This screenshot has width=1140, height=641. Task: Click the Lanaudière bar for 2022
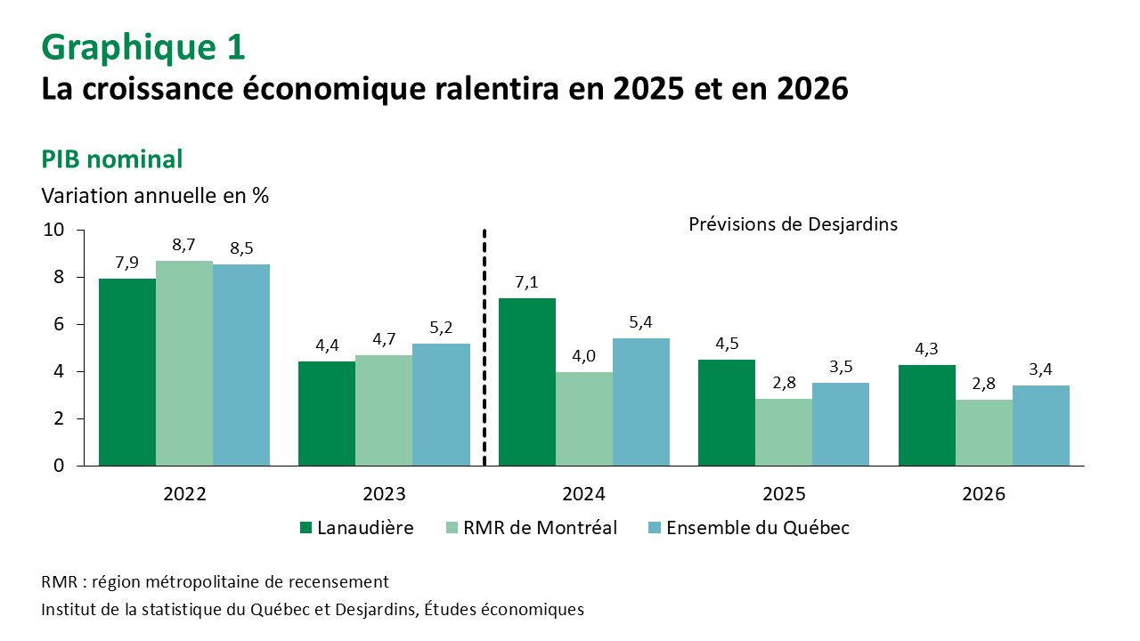pyautogui.click(x=127, y=372)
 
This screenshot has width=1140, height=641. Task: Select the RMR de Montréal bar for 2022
pyautogui.click(x=184, y=363)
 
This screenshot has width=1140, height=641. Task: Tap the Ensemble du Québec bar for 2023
pyautogui.click(x=441, y=404)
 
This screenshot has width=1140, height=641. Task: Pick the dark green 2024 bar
pyautogui.click(x=526, y=382)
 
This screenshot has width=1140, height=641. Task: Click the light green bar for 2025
pyautogui.click(x=784, y=432)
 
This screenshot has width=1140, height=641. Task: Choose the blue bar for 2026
pyautogui.click(x=1041, y=426)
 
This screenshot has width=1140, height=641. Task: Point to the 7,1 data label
pyautogui.click(x=526, y=283)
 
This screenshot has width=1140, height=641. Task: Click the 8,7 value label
pyautogui.click(x=184, y=246)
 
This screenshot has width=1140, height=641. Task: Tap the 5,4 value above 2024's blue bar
pyautogui.click(x=640, y=323)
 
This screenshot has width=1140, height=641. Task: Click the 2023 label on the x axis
pyautogui.click(x=384, y=494)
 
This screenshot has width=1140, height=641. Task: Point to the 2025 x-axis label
pyautogui.click(x=784, y=494)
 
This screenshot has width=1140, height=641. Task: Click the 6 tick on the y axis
pyautogui.click(x=59, y=324)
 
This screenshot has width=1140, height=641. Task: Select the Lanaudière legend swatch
pyautogui.click(x=306, y=528)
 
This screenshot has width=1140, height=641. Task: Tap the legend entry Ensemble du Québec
pyautogui.click(x=757, y=528)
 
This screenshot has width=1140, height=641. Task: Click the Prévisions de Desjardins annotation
pyautogui.click(x=793, y=224)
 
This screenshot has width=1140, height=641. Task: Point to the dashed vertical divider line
pyautogui.click(x=484, y=347)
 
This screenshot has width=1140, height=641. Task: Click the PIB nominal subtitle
pyautogui.click(x=112, y=159)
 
